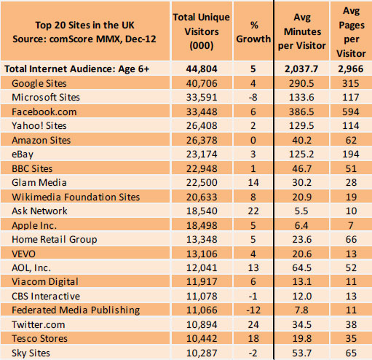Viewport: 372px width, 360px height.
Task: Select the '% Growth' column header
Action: coord(249,33)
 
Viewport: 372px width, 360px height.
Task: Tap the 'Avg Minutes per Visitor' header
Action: coord(306,33)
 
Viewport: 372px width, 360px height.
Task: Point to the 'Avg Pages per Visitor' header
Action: coord(352,33)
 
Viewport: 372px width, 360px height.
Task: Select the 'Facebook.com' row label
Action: coord(44,111)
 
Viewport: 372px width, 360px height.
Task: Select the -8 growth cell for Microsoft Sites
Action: coord(249,98)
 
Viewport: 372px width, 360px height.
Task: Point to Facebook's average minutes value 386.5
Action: coord(306,111)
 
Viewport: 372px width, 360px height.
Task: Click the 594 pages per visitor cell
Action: coord(352,111)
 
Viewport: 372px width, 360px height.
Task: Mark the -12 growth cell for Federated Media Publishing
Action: coord(249,310)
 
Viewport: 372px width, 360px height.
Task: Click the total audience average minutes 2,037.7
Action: coord(306,69)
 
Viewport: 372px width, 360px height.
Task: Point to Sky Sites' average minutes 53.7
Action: coord(306,353)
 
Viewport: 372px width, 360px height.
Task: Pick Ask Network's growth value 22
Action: coord(249,211)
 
